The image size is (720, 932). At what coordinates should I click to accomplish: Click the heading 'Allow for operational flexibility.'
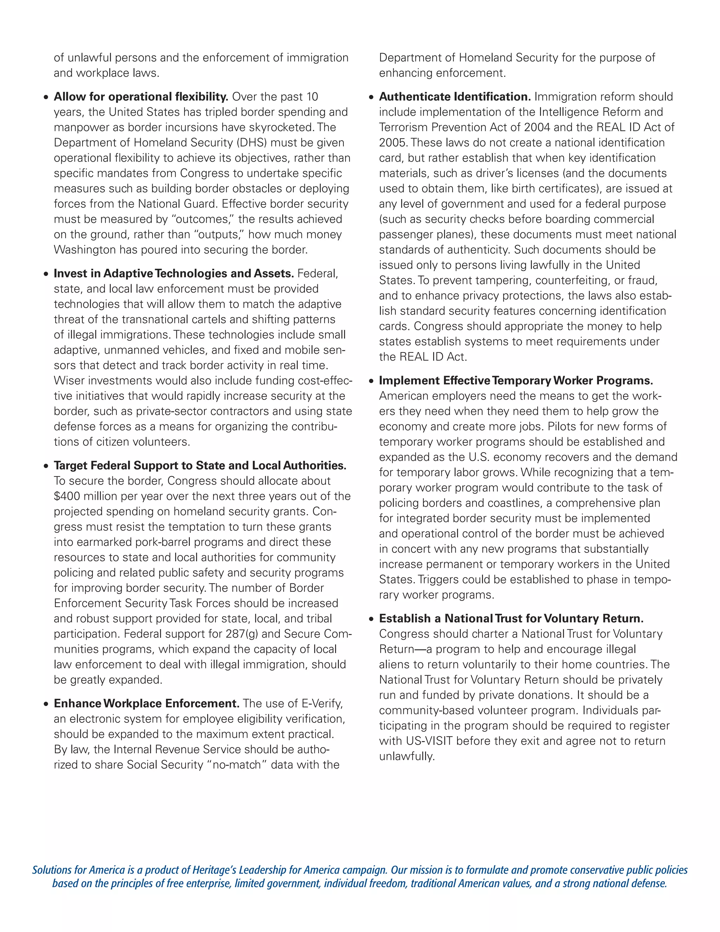141,97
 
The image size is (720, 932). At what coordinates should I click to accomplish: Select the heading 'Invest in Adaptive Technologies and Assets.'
174,274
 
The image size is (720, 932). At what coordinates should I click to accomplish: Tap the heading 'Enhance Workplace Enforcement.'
146,704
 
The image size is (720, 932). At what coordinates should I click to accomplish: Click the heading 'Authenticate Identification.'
455,97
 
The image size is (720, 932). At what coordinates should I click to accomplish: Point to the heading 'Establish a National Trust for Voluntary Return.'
511,619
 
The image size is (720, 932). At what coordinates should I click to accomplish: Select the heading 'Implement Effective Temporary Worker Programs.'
516,381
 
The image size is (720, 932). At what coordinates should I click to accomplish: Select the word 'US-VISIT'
429,741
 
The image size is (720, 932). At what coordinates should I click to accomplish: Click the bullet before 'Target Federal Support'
46,466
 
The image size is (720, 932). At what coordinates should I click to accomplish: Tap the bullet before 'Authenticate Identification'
372,98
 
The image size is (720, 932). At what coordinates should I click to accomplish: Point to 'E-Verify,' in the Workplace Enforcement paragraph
322,704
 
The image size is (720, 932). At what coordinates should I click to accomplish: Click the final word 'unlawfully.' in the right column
407,757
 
